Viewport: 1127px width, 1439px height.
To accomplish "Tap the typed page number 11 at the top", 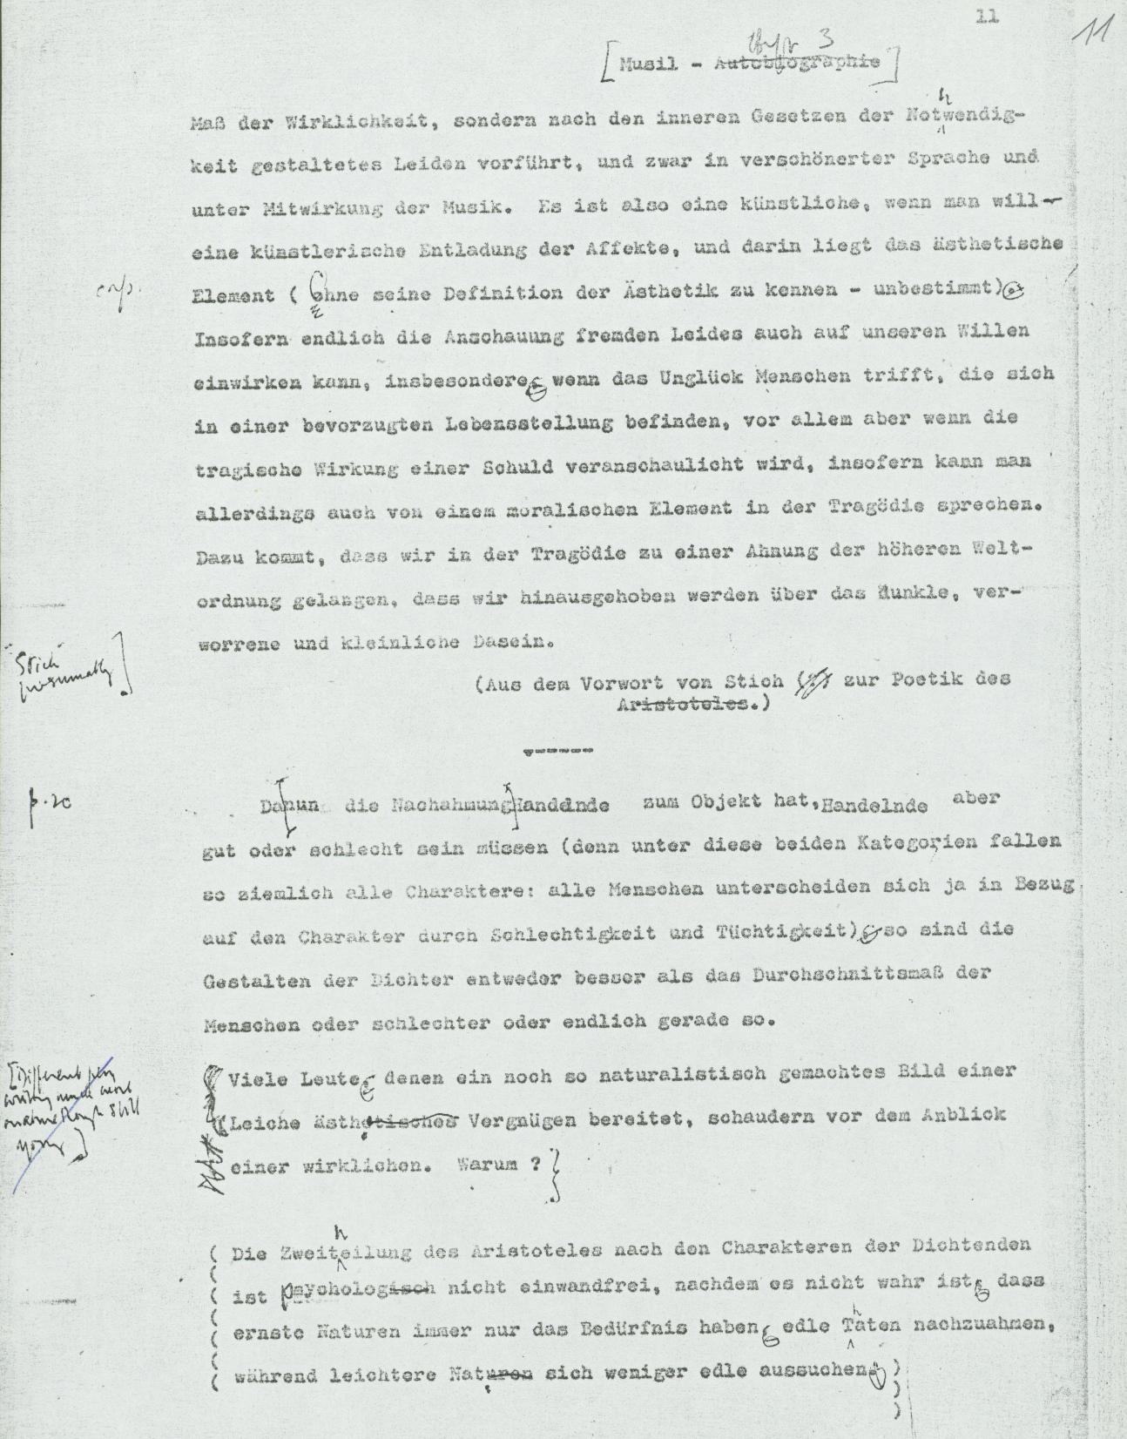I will click(987, 17).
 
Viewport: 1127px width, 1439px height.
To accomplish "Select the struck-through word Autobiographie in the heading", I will click(797, 64).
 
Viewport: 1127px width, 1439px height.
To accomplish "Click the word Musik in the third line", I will click(483, 208).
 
